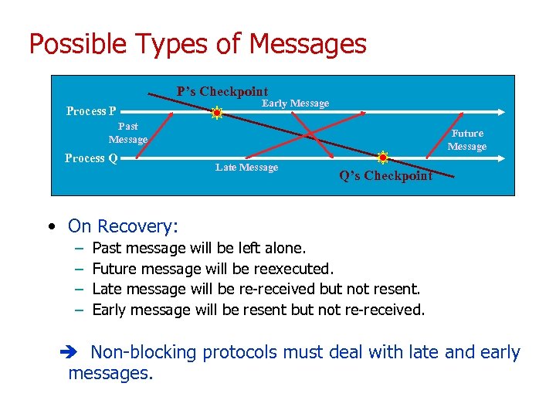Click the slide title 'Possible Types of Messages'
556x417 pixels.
[x=198, y=43]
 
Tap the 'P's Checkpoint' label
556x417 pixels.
[x=222, y=91]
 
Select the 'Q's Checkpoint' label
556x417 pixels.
[x=386, y=176]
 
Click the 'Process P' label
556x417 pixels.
[x=91, y=111]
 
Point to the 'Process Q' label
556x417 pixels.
[x=91, y=158]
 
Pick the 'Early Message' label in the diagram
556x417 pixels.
[x=295, y=103]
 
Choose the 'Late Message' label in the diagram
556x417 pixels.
[x=246, y=168]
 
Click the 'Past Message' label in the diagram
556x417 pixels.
[x=128, y=133]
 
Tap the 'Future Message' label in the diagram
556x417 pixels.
[x=467, y=140]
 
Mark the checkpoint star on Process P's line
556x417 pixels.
[x=217, y=113]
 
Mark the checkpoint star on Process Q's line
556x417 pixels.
[x=382, y=158]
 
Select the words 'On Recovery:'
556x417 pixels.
[x=123, y=226]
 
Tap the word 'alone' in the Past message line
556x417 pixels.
[x=283, y=249]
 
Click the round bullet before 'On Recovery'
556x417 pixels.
[x=50, y=227]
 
